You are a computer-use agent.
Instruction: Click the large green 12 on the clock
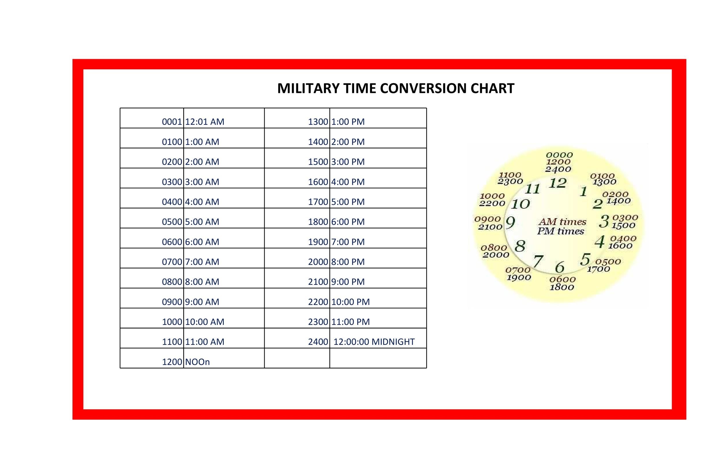tap(557, 183)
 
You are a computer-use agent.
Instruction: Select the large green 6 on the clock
tap(559, 267)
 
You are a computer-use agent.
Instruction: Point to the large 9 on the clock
tap(510, 223)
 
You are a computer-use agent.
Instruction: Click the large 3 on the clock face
tap(604, 221)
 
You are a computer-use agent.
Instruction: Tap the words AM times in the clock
tap(562, 222)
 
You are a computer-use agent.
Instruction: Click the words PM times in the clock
tap(560, 231)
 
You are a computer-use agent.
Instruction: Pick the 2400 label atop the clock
tap(558, 169)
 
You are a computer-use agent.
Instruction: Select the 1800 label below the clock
tap(562, 287)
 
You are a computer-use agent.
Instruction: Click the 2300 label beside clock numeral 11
tap(510, 181)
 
